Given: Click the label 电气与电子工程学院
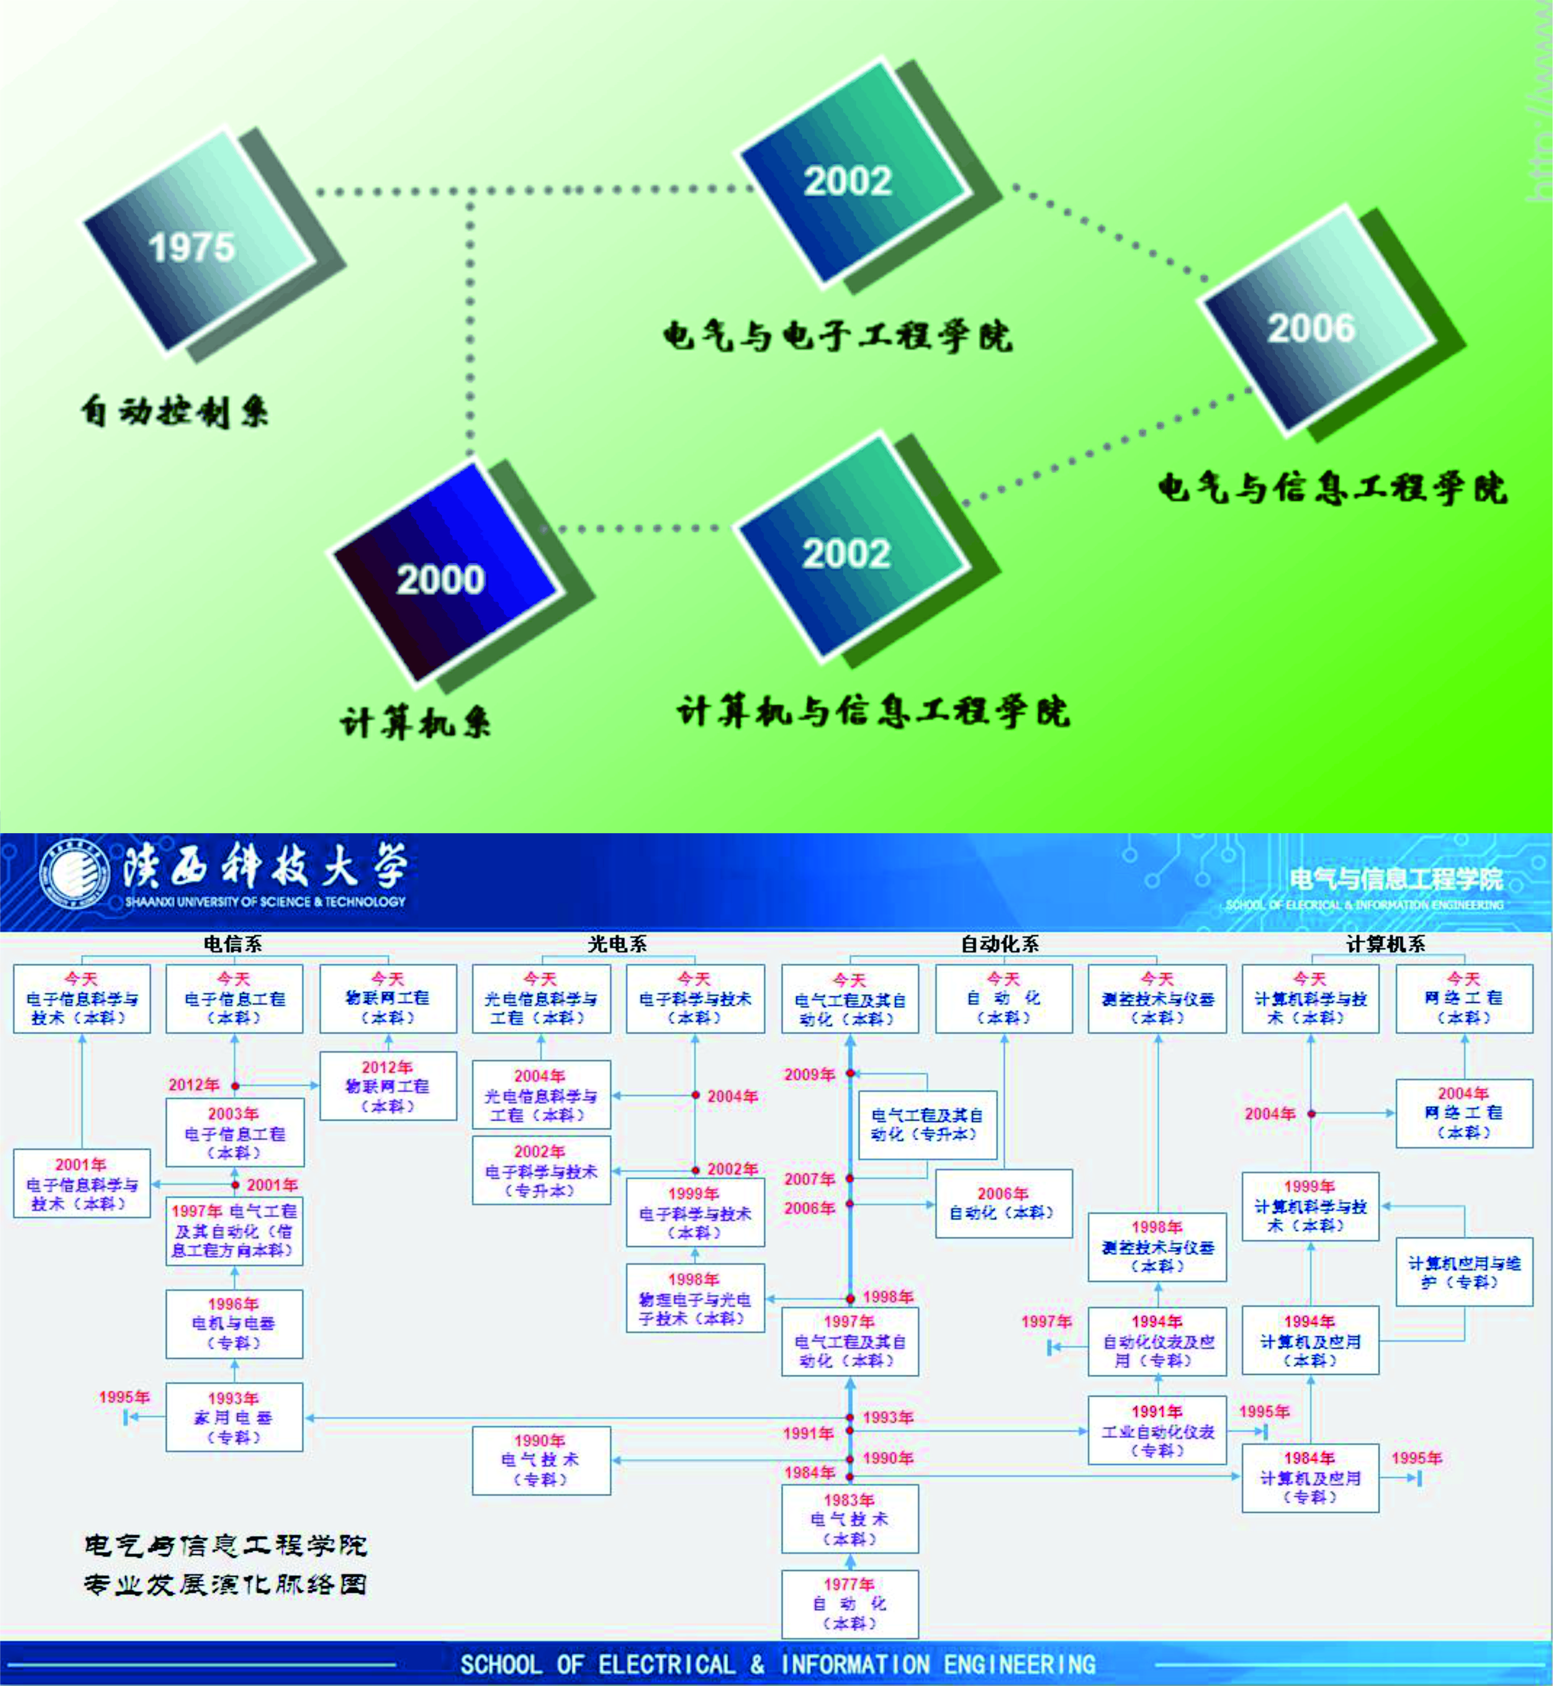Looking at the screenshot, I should click(x=837, y=336).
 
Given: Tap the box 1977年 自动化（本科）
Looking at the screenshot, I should click(x=850, y=1604).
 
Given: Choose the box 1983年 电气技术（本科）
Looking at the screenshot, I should click(x=850, y=1519).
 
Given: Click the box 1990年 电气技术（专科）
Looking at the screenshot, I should click(x=541, y=1460).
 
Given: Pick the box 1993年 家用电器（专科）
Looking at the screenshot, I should click(x=235, y=1417).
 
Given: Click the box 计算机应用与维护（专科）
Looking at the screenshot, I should click(x=1464, y=1272).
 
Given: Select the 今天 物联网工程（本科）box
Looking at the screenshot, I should click(x=388, y=998).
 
